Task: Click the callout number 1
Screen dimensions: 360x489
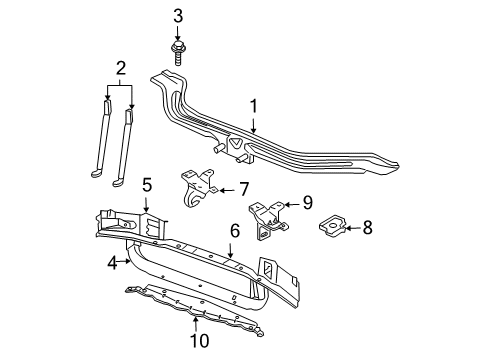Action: tap(254, 105)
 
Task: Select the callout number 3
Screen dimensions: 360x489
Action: tap(178, 15)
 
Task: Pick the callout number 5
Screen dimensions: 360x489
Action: tap(146, 184)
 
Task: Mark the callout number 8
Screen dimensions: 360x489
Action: tap(367, 228)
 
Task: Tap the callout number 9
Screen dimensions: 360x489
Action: tap(308, 202)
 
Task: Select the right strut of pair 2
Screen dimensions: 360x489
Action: tap(124, 145)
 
